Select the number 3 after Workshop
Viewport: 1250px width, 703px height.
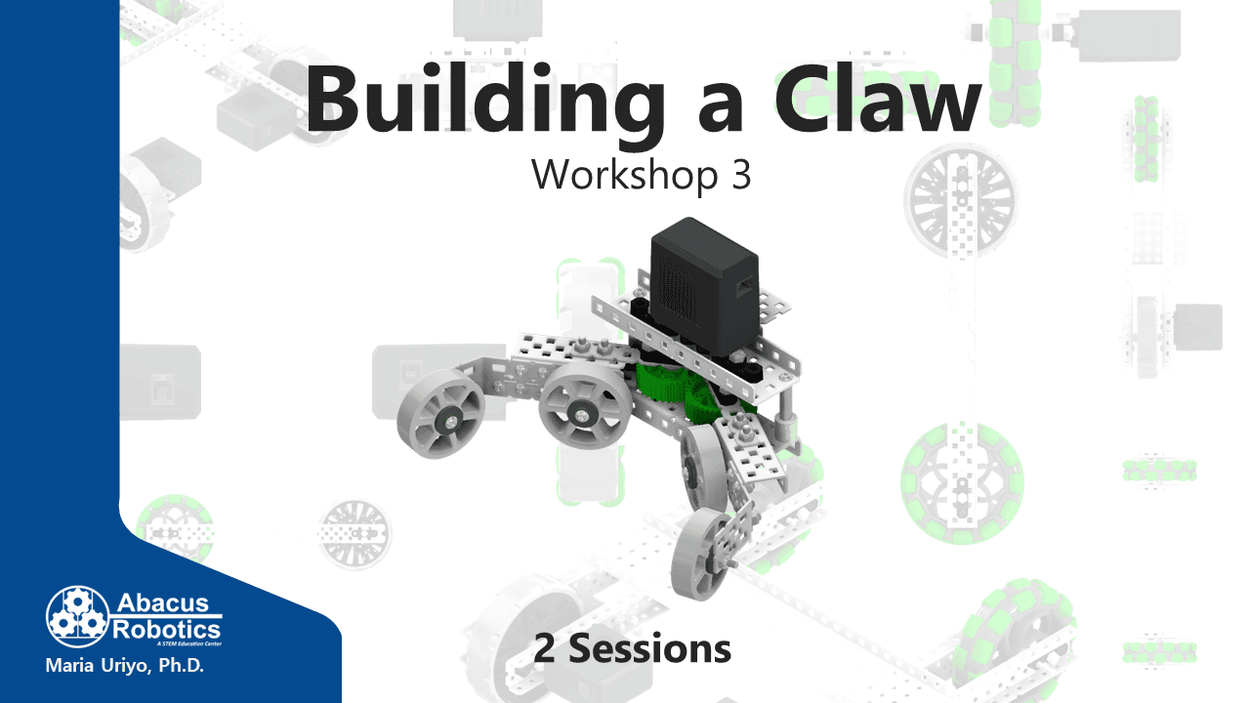tap(741, 175)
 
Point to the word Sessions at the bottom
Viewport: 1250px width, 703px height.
tap(649, 649)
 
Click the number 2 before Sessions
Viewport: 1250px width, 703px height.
tap(544, 649)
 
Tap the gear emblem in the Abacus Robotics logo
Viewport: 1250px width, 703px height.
tap(77, 616)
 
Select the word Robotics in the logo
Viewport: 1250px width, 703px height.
tap(166, 630)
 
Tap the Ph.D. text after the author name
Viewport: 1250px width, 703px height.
tap(182, 666)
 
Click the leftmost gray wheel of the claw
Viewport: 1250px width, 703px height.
tap(440, 413)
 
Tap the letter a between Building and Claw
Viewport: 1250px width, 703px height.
tap(720, 106)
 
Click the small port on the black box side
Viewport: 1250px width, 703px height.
tap(744, 287)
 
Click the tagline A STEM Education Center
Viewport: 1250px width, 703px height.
tap(189, 643)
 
